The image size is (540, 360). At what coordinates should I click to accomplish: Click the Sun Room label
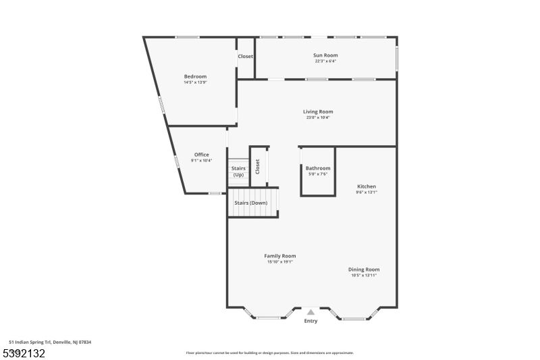click(325, 55)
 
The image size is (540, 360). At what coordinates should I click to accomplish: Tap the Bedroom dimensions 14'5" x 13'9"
click(195, 82)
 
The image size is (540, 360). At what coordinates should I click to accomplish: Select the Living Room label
click(317, 111)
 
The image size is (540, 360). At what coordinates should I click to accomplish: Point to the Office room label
click(201, 155)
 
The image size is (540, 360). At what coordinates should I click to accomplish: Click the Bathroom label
click(318, 168)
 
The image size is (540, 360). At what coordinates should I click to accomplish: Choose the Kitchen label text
click(367, 186)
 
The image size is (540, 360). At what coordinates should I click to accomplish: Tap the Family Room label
click(279, 256)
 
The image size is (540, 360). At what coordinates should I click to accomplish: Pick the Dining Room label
click(364, 269)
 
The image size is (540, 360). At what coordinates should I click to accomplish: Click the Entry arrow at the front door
click(310, 312)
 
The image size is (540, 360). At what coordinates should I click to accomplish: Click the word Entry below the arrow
click(310, 321)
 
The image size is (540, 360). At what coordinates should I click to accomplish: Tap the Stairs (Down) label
click(250, 203)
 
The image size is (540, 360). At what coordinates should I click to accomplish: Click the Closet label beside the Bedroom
click(245, 56)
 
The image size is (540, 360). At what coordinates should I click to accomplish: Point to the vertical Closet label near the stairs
click(257, 166)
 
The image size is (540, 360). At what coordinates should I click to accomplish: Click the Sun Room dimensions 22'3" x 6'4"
click(325, 61)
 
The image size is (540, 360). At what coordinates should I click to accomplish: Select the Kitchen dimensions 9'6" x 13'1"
click(367, 192)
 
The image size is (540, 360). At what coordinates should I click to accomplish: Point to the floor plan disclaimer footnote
click(269, 353)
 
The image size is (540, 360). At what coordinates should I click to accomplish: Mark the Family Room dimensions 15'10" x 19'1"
click(279, 262)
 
